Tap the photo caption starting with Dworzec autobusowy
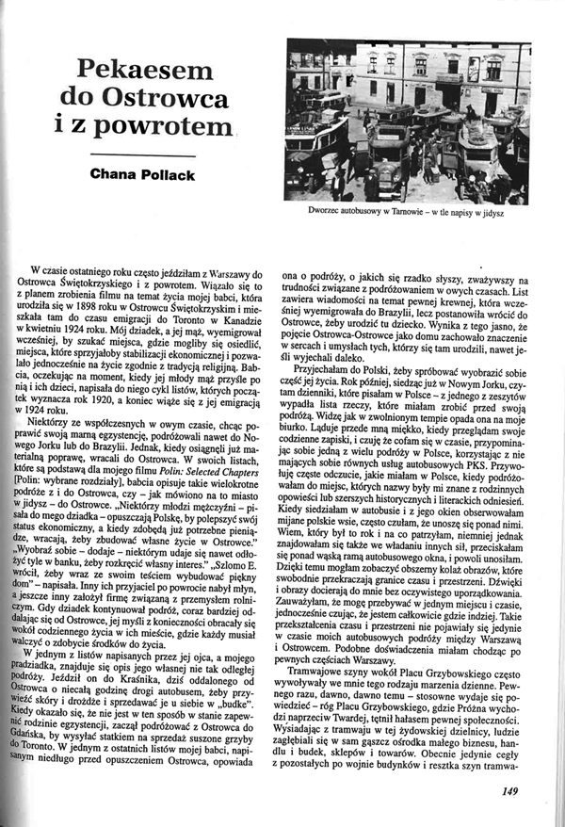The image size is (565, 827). [x=408, y=211]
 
